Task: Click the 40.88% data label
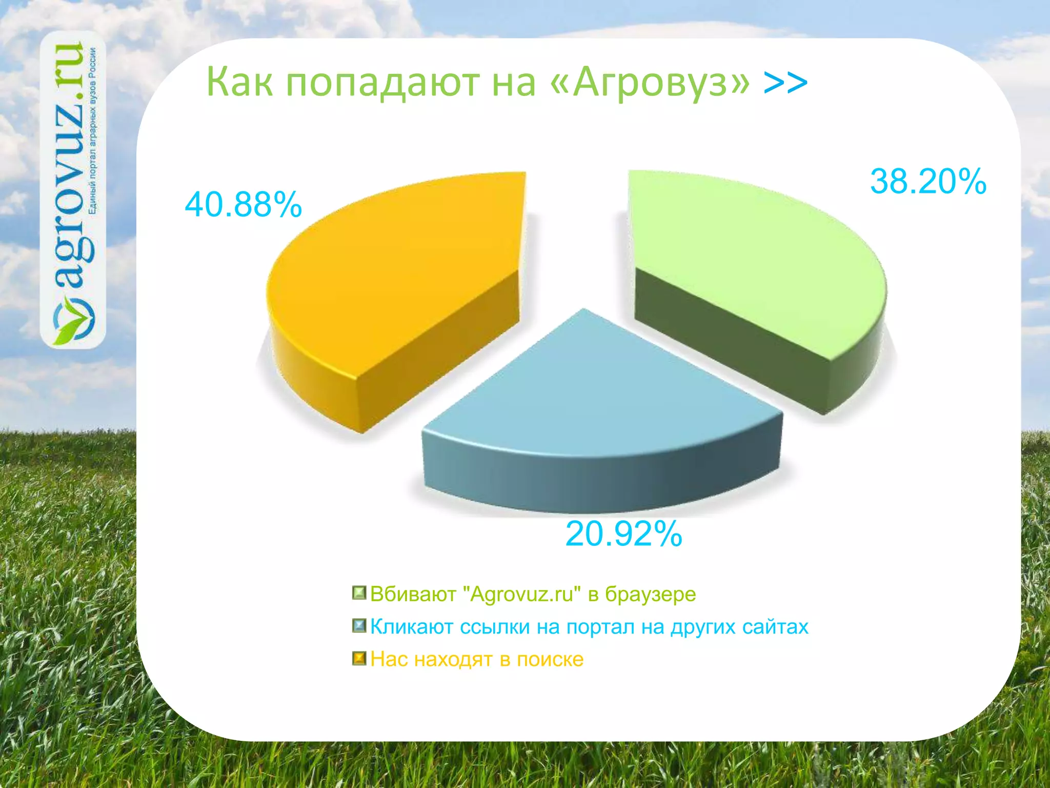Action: [243, 205]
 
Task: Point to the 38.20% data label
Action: [928, 182]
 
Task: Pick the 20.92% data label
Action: [623, 534]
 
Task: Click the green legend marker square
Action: [359, 594]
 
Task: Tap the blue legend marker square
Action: [359, 626]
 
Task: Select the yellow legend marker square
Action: [359, 658]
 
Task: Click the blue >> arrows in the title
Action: [785, 82]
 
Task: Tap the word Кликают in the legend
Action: [413, 626]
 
